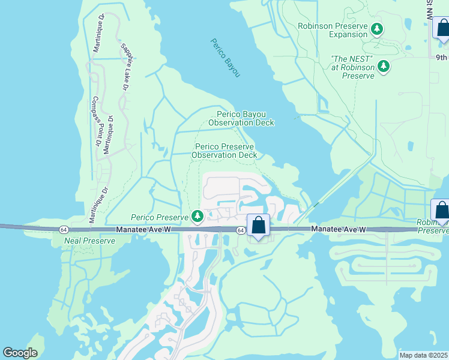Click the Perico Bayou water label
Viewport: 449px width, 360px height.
[x=225, y=58]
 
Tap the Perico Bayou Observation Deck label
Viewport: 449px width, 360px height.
[x=241, y=118]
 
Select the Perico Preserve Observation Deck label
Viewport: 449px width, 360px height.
[x=224, y=151]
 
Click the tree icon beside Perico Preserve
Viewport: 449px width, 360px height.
[x=197, y=216]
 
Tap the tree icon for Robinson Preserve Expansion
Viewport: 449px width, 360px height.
[x=377, y=29]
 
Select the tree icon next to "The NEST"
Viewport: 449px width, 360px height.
[x=383, y=65]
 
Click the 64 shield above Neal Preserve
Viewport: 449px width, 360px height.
[x=63, y=230]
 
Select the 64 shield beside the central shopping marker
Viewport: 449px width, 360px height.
[x=240, y=230]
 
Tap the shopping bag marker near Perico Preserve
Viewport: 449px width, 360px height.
[x=258, y=226]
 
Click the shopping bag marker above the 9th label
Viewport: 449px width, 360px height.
[x=442, y=29]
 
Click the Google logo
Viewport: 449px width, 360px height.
[x=20, y=353]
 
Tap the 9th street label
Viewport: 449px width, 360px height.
[x=441, y=58]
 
